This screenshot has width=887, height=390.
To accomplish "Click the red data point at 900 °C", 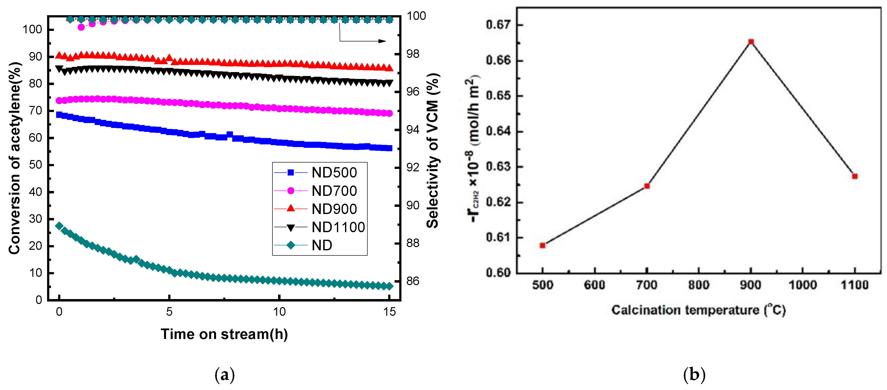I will coord(751,42).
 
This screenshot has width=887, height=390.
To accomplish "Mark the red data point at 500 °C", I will coord(543,245).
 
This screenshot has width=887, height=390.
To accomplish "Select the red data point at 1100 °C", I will coord(855,176).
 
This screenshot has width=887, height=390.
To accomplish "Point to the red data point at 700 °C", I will coord(647,186).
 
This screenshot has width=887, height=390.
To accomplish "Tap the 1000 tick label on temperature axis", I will coord(803,285).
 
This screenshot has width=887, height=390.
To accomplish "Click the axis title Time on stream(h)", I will coord(224,334).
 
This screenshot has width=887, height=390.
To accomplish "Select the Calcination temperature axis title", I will coord(698,310).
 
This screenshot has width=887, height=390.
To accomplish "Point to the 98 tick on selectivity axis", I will coord(413,54).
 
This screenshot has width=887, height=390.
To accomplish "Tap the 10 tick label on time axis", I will coord(279,312).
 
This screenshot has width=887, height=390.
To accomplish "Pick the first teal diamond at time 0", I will coord(59,226).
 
